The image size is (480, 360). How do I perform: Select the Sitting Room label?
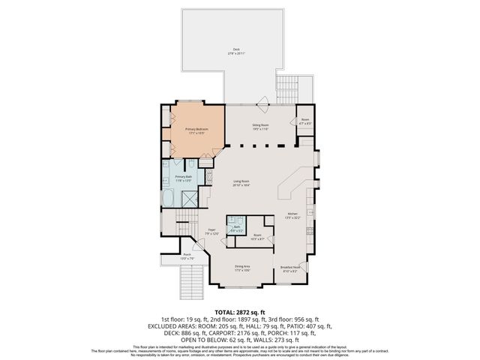[259, 127]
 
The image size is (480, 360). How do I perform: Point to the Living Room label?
[240, 183]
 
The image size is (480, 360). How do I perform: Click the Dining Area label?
[242, 268]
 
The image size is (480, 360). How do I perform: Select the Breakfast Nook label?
[291, 270]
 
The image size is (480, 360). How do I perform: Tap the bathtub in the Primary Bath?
[167, 199]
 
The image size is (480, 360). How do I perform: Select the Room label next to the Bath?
[257, 235]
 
